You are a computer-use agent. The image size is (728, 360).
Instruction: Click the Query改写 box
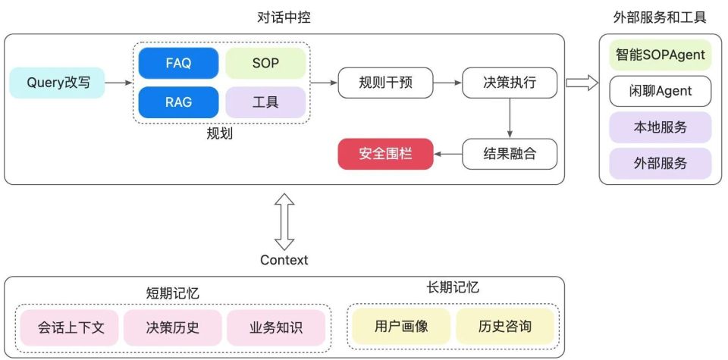coord(58,83)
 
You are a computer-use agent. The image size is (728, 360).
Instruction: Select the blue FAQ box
coord(178,64)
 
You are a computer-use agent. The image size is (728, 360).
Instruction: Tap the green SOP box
coord(265,64)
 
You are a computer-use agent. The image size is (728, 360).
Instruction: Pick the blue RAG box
coord(178,102)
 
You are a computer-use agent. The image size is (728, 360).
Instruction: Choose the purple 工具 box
coord(265,102)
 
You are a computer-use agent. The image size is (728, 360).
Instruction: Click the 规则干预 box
coord(385,83)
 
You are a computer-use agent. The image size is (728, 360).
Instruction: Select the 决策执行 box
coord(510,83)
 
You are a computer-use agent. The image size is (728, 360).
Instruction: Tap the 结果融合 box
coord(510,154)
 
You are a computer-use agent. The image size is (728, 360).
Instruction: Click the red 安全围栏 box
coord(385,154)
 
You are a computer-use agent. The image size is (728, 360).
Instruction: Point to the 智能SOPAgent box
coord(661,55)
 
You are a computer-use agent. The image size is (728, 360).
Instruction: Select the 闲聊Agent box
coord(661,91)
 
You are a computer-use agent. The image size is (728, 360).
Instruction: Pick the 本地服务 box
coord(661,127)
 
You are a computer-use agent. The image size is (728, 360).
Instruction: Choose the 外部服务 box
coord(661,163)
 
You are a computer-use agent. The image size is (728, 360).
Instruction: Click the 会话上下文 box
coord(71,327)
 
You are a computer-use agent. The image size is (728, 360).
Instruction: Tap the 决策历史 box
coord(173,327)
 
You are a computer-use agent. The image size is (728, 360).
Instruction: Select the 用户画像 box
coord(401,327)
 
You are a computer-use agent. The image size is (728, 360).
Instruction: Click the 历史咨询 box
coord(505,327)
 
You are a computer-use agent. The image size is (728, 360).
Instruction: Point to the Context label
coord(284,260)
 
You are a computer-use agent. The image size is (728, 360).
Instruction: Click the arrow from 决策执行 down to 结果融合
coord(510,118)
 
